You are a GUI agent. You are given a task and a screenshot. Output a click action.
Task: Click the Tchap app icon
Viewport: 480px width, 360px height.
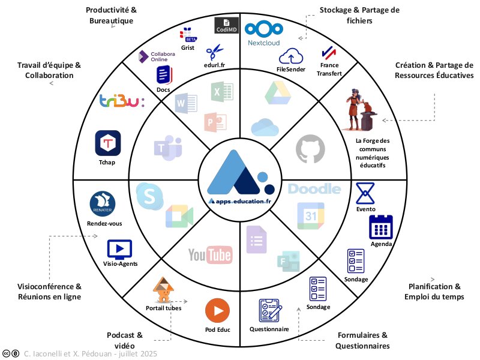[108, 143]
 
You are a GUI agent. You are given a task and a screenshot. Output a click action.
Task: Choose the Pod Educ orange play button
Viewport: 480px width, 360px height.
[217, 311]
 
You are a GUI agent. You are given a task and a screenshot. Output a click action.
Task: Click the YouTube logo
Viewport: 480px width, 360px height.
[209, 254]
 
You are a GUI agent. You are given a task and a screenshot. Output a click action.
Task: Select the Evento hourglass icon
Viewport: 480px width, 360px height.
[365, 193]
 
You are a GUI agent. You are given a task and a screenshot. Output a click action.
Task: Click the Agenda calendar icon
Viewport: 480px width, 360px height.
[380, 227]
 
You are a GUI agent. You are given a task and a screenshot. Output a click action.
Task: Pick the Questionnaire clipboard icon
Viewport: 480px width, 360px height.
[269, 311]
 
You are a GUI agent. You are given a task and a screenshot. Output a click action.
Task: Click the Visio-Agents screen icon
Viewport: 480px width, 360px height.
[119, 248]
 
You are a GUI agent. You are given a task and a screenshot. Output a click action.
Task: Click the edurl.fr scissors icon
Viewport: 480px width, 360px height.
[214, 50]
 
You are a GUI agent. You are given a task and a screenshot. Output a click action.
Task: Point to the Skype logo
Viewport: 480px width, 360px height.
[148, 195]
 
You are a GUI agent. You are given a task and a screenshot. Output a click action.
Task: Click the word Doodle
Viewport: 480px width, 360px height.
[314, 189]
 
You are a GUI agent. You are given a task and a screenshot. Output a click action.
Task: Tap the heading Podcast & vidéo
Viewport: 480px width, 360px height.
[125, 340]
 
